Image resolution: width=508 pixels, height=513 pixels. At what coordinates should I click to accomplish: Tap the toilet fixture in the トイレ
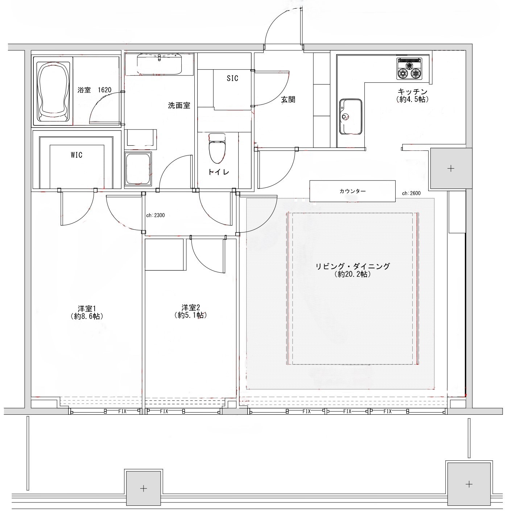pyautogui.click(x=217, y=148)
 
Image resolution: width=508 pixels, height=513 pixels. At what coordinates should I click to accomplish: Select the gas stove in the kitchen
pyautogui.click(x=409, y=69)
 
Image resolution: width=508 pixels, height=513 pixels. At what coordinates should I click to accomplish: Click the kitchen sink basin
pyautogui.click(x=351, y=117)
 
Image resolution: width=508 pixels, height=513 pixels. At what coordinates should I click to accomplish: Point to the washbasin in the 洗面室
pyautogui.click(x=159, y=64)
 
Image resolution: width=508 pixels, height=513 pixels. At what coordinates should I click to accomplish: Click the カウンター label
pyautogui.click(x=352, y=191)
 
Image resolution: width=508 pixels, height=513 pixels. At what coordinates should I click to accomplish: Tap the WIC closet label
pyautogui.click(x=77, y=155)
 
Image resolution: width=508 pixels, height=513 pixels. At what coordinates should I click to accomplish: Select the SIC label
pyautogui.click(x=232, y=78)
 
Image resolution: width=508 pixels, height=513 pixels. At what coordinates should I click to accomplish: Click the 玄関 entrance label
pyautogui.click(x=288, y=100)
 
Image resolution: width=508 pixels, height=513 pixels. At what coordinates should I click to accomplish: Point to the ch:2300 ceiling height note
pyautogui.click(x=155, y=215)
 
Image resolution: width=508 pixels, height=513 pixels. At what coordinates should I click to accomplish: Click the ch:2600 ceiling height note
pyautogui.click(x=411, y=193)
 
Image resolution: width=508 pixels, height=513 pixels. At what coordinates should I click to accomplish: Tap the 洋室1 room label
pyautogui.click(x=87, y=309)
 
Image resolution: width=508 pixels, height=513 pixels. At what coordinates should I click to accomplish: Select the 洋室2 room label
pyautogui.click(x=191, y=308)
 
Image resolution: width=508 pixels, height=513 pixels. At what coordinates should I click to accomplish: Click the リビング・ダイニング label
pyautogui.click(x=353, y=266)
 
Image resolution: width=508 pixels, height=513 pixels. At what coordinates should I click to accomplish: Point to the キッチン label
pyautogui.click(x=412, y=92)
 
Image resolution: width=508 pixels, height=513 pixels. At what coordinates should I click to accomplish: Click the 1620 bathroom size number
pyautogui.click(x=104, y=90)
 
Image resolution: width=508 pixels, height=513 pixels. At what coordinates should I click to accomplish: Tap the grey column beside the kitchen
pyautogui.click(x=451, y=168)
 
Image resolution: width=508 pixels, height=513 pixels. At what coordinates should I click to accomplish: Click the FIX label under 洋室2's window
pyautogui.click(x=164, y=411)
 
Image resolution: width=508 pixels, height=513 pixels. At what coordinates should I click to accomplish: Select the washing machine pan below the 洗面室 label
pyautogui.click(x=138, y=169)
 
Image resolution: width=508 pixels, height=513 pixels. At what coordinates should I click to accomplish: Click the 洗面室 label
pyautogui.click(x=179, y=106)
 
